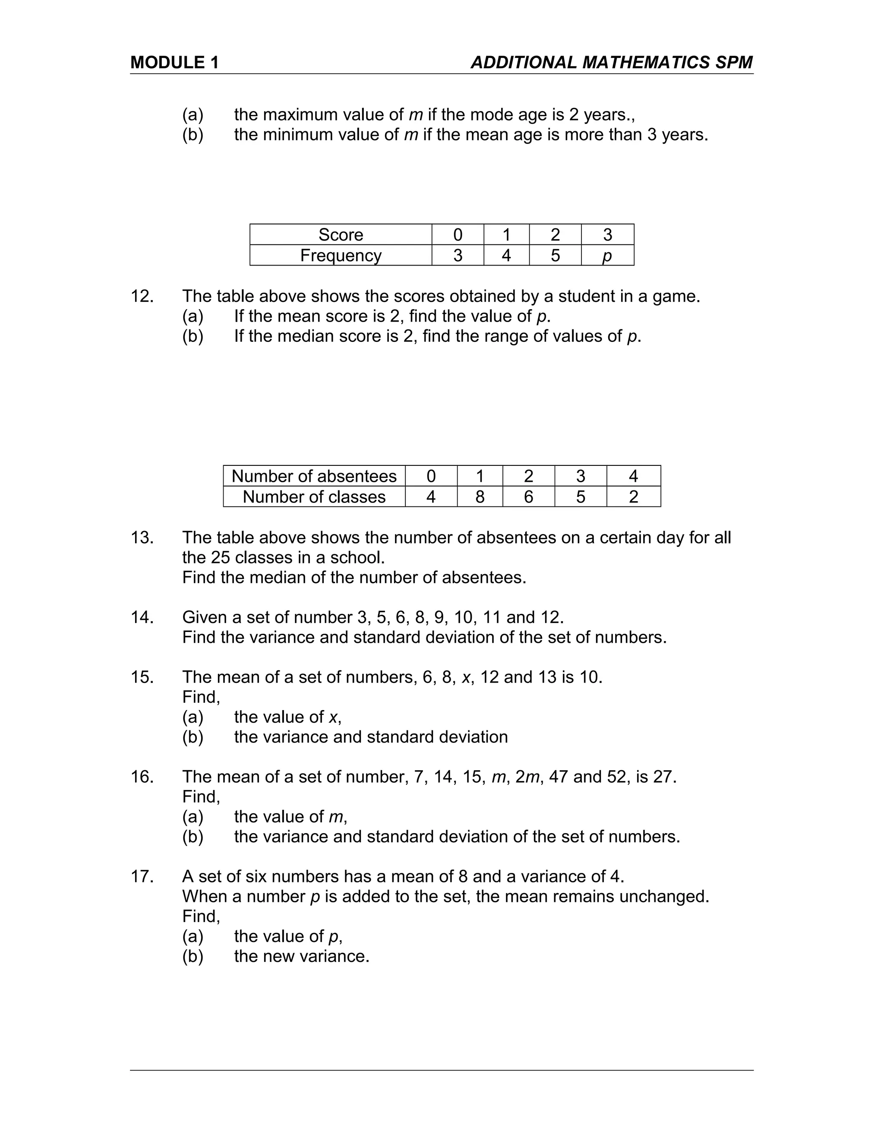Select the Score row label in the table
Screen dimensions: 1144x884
coord(341,235)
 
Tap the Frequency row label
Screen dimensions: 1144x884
coord(341,256)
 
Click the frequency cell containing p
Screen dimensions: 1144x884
coord(607,256)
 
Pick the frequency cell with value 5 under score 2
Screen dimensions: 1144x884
coord(555,256)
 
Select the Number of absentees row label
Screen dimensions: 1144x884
coord(314,476)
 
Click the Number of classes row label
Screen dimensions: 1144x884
coord(314,497)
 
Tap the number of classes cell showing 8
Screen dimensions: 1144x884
coord(480,497)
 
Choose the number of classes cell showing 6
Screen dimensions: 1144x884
coord(528,497)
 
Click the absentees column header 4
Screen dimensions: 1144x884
coord(633,476)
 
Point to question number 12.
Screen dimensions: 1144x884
coord(142,297)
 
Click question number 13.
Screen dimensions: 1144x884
coord(142,538)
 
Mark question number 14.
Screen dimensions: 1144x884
coord(142,618)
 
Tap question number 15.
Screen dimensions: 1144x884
coord(142,677)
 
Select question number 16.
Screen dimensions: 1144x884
coord(142,777)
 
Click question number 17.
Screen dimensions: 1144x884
coord(142,876)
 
